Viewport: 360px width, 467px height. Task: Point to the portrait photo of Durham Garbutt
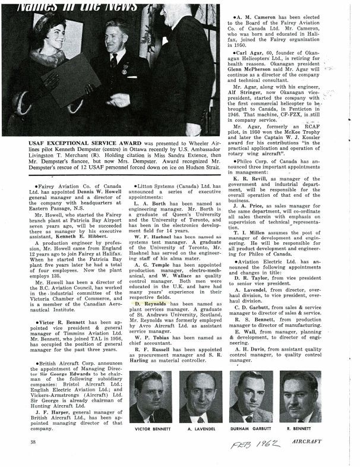250,396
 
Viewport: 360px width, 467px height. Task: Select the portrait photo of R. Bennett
300,396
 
